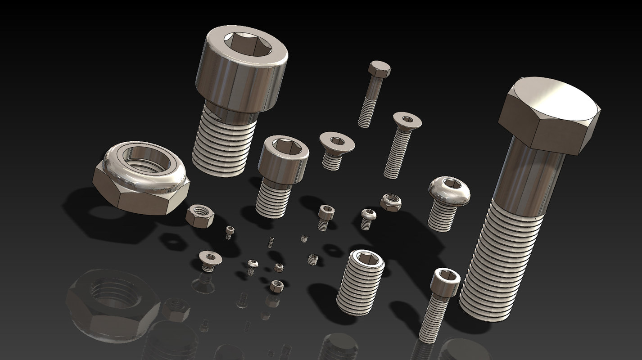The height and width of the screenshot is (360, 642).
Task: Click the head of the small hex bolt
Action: point(379,69)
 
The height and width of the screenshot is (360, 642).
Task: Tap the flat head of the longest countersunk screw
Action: point(407,120)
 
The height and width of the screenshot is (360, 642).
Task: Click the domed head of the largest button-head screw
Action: point(449,189)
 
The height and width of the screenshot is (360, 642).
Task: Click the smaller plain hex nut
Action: point(276,286)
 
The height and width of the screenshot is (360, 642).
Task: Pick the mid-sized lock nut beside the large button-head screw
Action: point(390,202)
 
